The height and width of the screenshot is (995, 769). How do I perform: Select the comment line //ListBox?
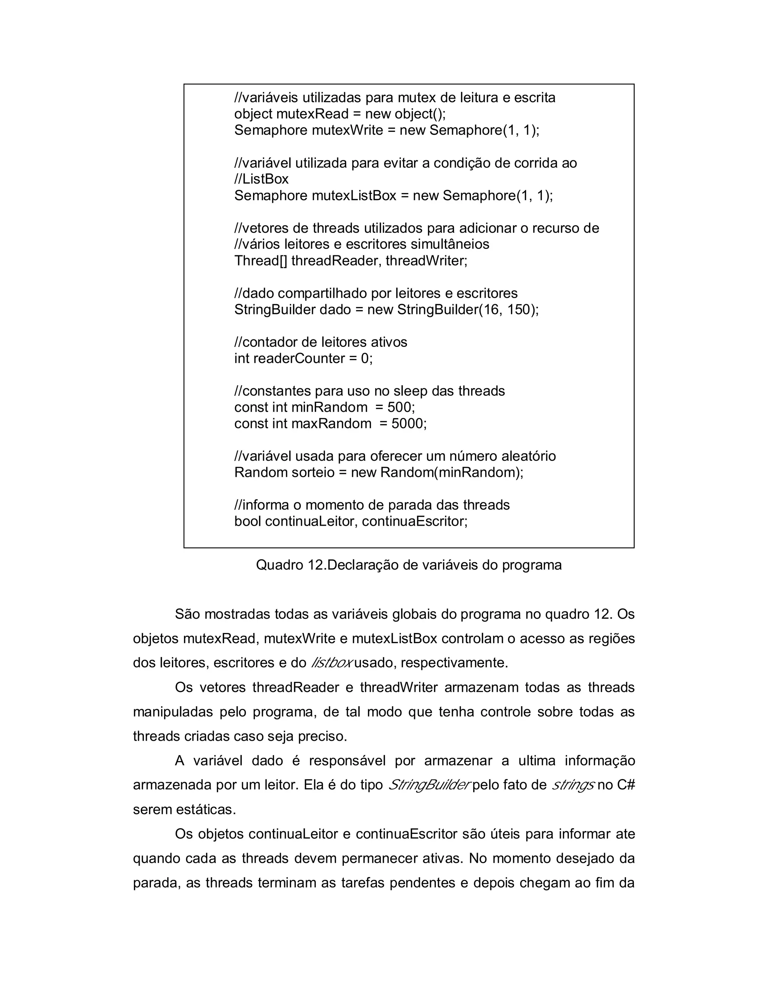coord(261,179)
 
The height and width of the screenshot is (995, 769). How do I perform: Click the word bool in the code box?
coord(247,521)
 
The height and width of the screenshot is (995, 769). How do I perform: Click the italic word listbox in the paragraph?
coord(331,663)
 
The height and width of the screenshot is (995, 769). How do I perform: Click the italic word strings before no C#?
coord(572,785)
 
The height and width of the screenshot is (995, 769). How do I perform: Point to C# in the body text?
coord(626,785)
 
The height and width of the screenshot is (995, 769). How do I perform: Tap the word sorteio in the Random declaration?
coord(313,472)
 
